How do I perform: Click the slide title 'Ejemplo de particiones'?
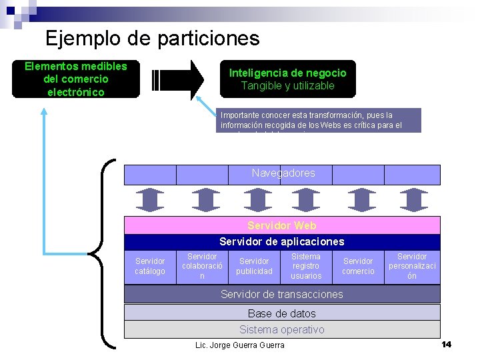coord(152,38)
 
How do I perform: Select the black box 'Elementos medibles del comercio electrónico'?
coord(75,79)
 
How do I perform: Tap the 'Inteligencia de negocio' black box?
coord(287,79)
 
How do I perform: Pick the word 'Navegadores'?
coord(283,173)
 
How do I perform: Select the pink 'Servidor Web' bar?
coord(282,225)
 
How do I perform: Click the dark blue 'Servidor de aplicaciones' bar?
coord(282,241)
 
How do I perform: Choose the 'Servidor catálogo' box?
coord(150,266)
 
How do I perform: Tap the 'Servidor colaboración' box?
coord(202,266)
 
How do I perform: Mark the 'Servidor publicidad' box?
coord(254,266)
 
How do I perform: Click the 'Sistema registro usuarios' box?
coord(306,266)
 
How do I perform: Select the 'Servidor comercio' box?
coord(358,266)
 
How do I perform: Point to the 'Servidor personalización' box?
coord(412,266)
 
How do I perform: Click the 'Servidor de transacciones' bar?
coord(282,294)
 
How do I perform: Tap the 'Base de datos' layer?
coord(282,313)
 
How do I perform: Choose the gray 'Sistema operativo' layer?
coord(282,329)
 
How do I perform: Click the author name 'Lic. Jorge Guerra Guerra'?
coord(239,345)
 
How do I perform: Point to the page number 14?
coord(446,344)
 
